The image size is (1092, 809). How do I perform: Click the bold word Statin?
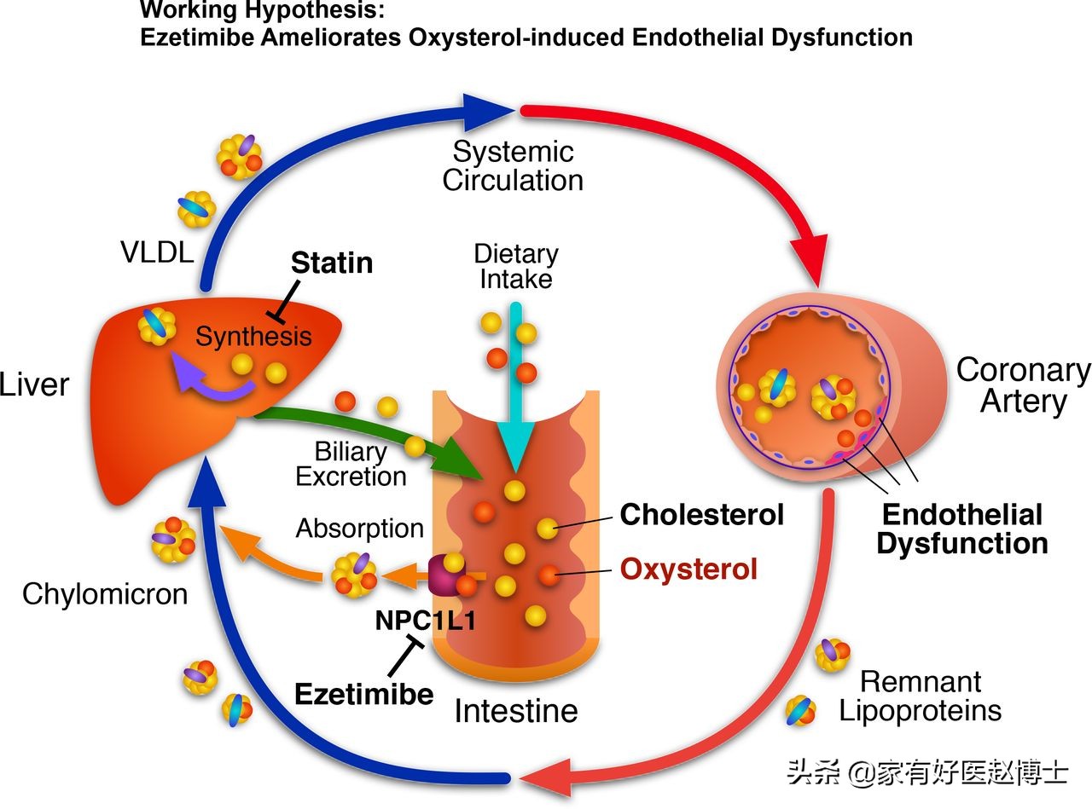[x=332, y=263]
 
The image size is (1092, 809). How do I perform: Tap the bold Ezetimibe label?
[x=363, y=695]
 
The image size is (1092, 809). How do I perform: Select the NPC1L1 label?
[x=426, y=620]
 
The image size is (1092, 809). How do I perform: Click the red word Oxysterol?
[x=688, y=569]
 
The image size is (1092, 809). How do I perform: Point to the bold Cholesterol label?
[x=701, y=515]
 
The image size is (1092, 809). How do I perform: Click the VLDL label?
[x=157, y=252]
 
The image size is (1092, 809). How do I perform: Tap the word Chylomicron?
[x=105, y=594]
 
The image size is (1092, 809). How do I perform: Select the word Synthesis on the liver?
[x=253, y=337]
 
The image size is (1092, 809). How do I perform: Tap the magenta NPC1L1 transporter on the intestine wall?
[x=445, y=575]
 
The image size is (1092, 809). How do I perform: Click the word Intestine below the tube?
[x=516, y=711]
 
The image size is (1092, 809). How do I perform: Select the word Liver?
[x=33, y=384]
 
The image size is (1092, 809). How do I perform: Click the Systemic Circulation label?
[x=513, y=166]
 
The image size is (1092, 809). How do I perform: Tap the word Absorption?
[x=359, y=529]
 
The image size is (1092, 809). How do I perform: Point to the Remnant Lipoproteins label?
[x=921, y=696]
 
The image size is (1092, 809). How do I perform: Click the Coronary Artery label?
[x=1024, y=385]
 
